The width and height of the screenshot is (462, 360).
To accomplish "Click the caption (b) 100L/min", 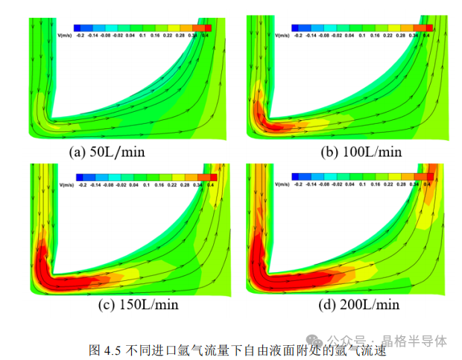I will (x=361, y=152).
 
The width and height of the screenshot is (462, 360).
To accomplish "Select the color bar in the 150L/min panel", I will (x=145, y=177).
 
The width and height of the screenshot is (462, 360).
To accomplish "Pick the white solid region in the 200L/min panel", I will (x=328, y=224).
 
